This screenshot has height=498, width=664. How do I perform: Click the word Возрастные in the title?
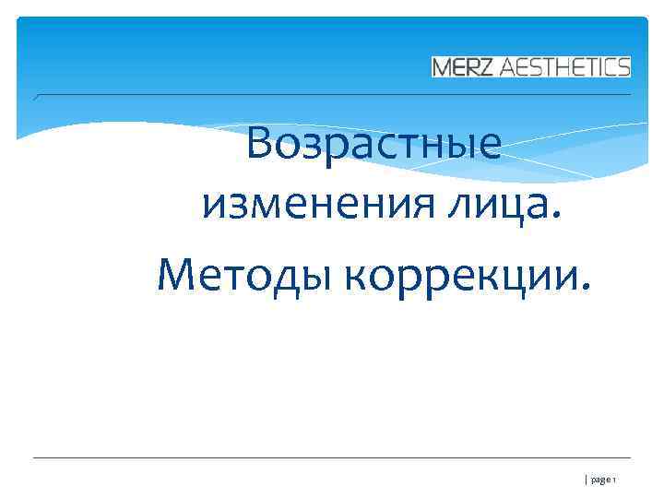click(x=375, y=147)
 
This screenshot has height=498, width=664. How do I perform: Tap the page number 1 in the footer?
click(x=614, y=480)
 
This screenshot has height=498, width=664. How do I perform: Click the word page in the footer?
click(x=600, y=481)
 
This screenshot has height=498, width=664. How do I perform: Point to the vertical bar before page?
click(x=586, y=480)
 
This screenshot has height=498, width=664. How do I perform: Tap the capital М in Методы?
click(x=177, y=273)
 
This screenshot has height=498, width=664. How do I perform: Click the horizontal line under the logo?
click(x=332, y=94)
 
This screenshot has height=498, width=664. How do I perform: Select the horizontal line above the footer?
click(x=332, y=457)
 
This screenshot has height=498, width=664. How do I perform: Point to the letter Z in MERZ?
click(x=488, y=66)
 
